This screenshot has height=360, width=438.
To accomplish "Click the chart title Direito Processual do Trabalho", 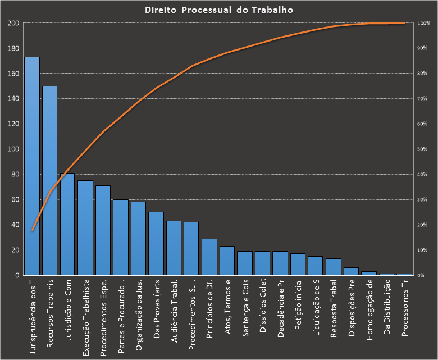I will (x=218, y=10).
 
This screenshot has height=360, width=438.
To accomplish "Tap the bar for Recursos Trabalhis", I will (x=49, y=180).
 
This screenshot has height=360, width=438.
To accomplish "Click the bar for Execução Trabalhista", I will (x=85, y=227).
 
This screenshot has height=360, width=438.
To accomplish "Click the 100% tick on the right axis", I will (x=423, y=24).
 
